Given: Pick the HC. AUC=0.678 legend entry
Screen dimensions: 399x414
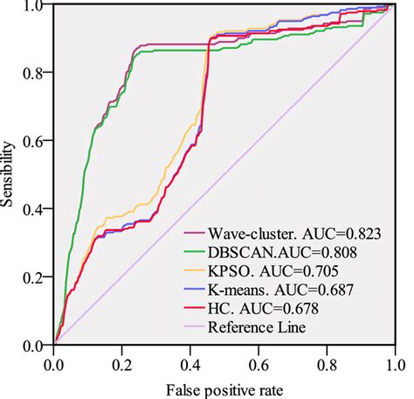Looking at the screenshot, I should click(269, 308).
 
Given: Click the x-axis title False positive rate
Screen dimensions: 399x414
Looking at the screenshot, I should click(224, 386).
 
